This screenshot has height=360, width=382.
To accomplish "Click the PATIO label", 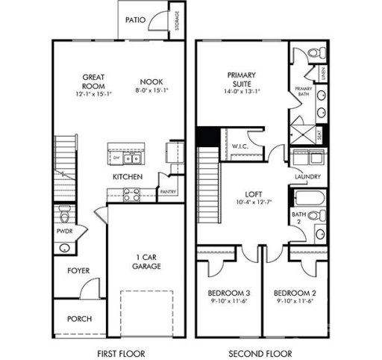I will (x=135, y=20).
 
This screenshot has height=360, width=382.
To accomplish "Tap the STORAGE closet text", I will (x=177, y=21).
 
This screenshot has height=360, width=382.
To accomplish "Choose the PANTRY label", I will (x=168, y=191).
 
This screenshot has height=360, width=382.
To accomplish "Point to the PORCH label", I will (x=79, y=319).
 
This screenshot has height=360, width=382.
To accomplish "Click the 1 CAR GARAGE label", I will (x=147, y=261).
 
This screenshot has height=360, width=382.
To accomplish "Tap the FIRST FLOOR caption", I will (x=122, y=353).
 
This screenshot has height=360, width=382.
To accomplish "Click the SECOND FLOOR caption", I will (x=260, y=353).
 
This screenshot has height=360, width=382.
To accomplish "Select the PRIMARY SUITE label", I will (x=241, y=79).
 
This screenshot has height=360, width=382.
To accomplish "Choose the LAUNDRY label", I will (x=307, y=177).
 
